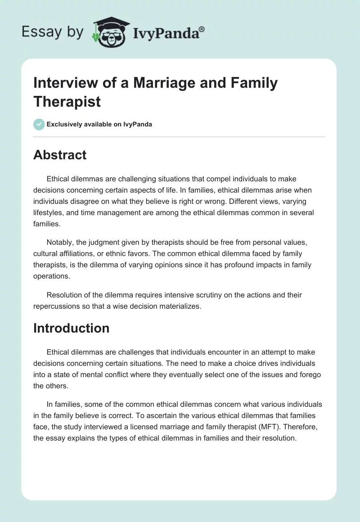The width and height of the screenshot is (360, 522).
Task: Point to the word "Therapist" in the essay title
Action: coord(67,101)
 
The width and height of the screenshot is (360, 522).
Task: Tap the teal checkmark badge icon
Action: coord(39,124)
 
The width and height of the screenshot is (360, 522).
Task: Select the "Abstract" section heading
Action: coord(60,155)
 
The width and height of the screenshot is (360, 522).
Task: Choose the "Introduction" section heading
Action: coord(71,328)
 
